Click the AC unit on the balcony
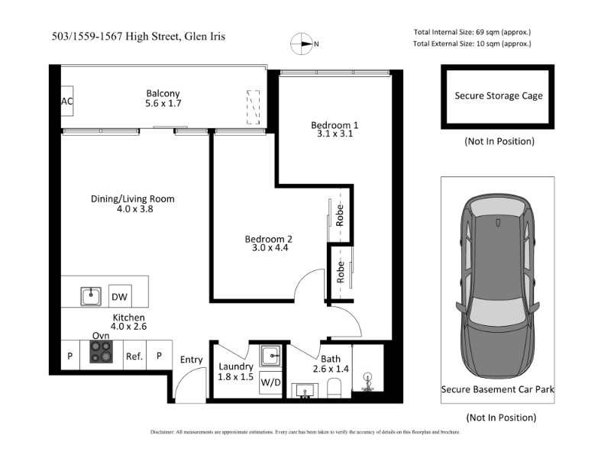click(67, 101)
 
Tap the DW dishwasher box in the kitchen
click(120, 297)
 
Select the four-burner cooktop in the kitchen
click(102, 352)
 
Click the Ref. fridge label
click(134, 356)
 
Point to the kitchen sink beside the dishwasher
click(91, 296)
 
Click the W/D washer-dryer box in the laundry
click(270, 382)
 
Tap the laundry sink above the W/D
click(270, 356)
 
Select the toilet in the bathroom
click(334, 389)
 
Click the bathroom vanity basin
click(305, 391)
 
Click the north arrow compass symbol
click(302, 44)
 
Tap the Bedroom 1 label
click(335, 125)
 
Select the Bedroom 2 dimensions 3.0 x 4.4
click(270, 247)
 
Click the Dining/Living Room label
click(132, 198)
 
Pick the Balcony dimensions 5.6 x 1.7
click(163, 103)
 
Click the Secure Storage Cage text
click(499, 96)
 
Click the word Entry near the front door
click(192, 360)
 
